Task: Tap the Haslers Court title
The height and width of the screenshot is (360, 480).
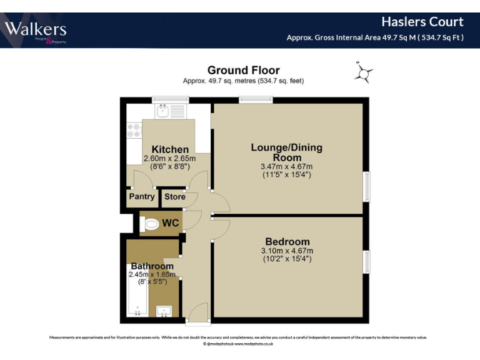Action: point(431,22)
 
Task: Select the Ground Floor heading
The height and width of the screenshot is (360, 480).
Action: point(243,71)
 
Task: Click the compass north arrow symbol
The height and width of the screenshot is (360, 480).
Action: point(362,73)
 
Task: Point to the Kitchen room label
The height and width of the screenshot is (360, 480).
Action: point(170,149)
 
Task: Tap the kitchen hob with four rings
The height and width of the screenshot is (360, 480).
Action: point(134,130)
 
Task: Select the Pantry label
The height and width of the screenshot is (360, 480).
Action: point(141,197)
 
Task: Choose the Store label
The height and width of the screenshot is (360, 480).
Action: point(175,197)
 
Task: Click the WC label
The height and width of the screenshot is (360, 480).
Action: point(171,223)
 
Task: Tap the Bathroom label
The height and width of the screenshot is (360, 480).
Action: point(152,266)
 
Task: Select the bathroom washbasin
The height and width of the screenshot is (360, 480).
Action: point(164,310)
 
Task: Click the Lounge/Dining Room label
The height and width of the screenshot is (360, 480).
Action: point(287,152)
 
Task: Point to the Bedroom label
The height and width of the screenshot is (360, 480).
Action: point(287,242)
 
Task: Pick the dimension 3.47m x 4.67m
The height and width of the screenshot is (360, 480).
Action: point(287,167)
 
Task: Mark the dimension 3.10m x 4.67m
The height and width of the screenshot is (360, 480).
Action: point(287,251)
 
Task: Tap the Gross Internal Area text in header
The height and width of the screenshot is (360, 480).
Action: point(375,37)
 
